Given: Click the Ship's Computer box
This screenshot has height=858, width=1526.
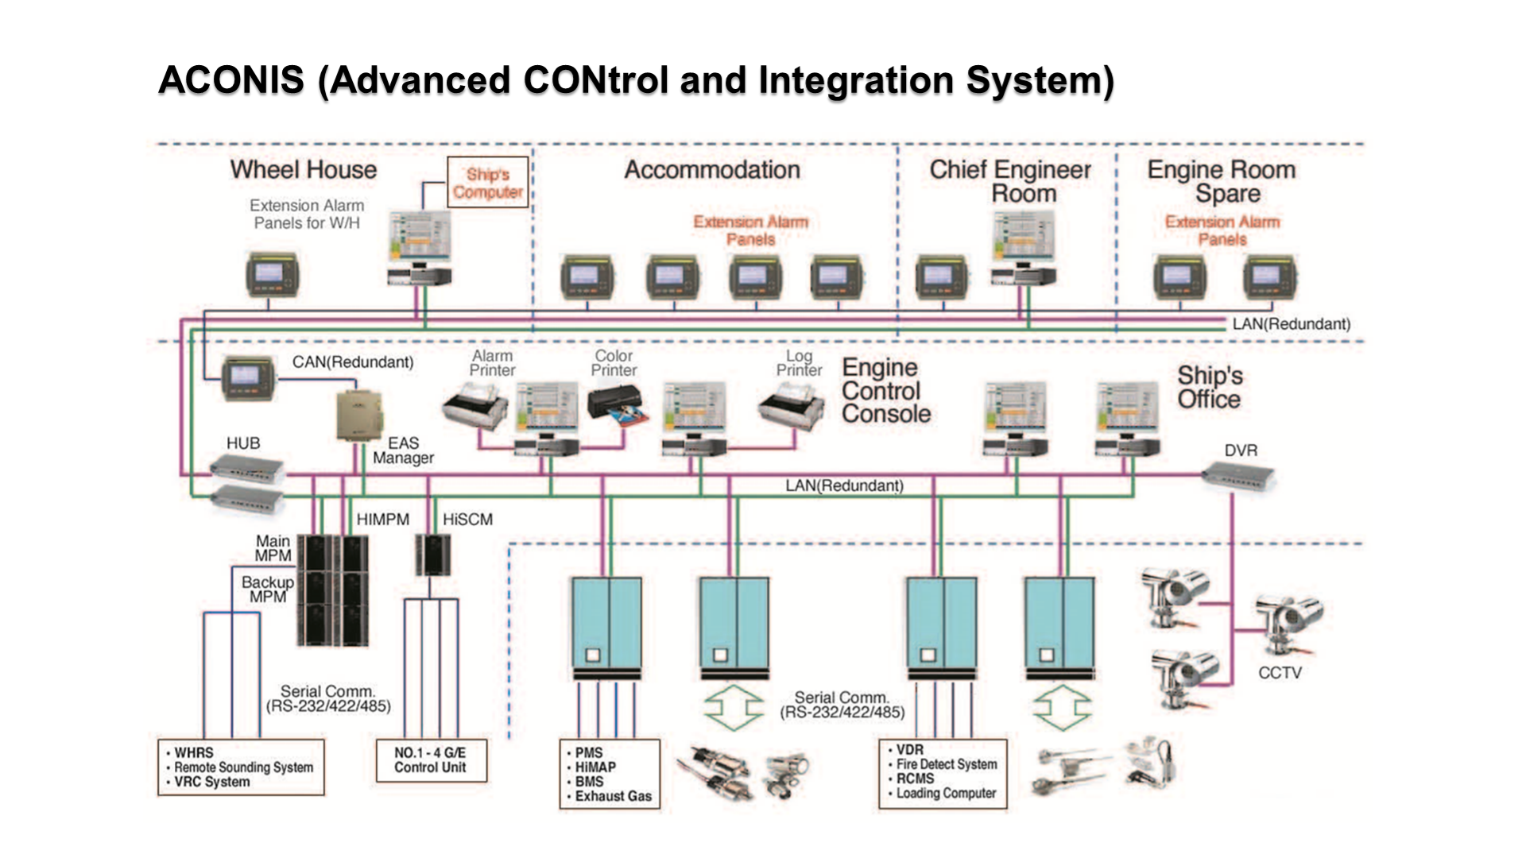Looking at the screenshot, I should point(487,183).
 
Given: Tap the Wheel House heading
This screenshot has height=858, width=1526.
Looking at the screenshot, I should point(303,169).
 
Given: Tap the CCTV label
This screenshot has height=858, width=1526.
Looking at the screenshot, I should point(1279,673).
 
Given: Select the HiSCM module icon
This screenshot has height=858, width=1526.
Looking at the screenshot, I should point(433,555).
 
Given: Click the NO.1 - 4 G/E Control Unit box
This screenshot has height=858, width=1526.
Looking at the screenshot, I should point(430,760).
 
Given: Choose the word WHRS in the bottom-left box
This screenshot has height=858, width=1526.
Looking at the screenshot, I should point(194,752).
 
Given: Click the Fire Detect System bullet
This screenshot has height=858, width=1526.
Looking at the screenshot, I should point(946,764).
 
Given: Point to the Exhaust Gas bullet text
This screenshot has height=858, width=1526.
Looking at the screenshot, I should point(613,796).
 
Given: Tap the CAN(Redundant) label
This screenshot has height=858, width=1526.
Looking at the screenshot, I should point(353,362).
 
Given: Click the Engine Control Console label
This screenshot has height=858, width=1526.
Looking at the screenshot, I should point(885,391).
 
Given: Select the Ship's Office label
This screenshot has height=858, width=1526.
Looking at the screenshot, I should point(1209,387).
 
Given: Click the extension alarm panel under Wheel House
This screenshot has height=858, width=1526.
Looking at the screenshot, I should point(271,275).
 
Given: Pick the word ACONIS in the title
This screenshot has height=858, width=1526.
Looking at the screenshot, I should point(231,80).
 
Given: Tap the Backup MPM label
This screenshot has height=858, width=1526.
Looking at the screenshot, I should point(267,589).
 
